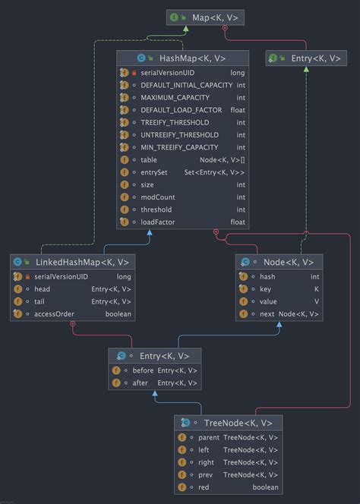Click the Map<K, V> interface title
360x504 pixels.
coord(207,16)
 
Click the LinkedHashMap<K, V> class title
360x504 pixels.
coord(82,262)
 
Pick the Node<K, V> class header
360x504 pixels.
coord(286,262)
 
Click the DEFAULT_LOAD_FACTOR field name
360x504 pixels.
coord(182,110)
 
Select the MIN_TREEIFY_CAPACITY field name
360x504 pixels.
coord(179,147)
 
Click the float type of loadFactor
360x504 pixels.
coord(238,222)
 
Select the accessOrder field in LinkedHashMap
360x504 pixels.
coord(52,314)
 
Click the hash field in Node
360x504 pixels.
coord(267,277)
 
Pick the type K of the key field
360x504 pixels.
coord(316,289)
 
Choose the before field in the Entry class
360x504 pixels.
coord(143,370)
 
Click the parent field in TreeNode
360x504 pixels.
coord(209,438)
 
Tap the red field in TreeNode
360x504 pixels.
coord(204,487)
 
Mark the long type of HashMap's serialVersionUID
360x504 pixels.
coord(238,73)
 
